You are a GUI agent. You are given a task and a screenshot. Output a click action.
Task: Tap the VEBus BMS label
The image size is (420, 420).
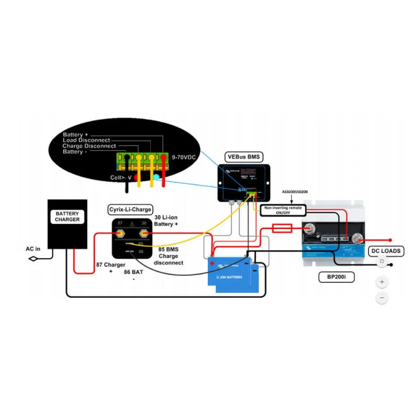click(x=242, y=156)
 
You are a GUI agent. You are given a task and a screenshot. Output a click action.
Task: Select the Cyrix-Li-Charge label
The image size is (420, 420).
click(x=130, y=209)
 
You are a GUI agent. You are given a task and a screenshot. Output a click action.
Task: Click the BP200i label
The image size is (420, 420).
click(x=336, y=277)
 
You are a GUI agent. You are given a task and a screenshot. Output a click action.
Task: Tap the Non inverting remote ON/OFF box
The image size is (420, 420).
click(x=283, y=211)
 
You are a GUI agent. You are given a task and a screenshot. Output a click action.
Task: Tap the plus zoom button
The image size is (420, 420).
click(x=382, y=282)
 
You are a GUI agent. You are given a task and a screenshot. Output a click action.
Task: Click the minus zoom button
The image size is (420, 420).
click(x=382, y=298)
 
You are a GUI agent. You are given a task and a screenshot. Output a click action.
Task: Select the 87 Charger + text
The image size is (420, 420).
click(x=110, y=268)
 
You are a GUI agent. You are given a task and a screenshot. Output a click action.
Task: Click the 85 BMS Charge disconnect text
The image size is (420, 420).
click(x=169, y=256)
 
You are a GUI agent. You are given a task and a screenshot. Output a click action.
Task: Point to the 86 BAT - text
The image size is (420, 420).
click(x=133, y=275)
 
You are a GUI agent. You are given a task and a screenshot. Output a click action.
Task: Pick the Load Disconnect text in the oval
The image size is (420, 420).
click(x=86, y=140)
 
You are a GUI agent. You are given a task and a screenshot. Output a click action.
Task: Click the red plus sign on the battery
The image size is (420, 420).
click(x=212, y=263)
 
